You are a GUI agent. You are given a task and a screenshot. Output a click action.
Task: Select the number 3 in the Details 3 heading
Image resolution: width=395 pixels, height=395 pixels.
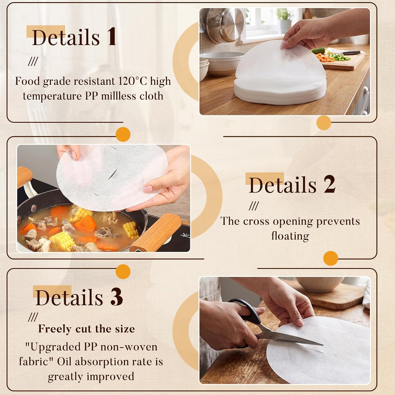click(116, 297)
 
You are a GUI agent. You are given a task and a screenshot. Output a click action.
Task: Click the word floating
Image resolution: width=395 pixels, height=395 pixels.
click(290, 236)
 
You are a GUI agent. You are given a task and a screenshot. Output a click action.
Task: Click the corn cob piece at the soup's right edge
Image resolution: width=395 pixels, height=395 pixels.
click(131, 229)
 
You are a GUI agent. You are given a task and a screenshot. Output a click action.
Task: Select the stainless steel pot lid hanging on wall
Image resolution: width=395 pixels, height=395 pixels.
click(225, 25)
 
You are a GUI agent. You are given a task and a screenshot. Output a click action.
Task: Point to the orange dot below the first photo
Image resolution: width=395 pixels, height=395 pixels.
click(324, 123)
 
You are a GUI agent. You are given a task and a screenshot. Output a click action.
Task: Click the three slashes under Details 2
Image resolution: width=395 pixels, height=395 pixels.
click(254, 206)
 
